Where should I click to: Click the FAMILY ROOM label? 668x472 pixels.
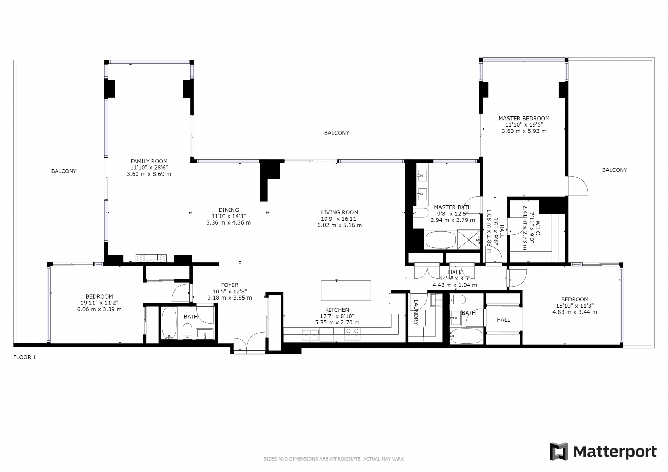(x=149, y=161)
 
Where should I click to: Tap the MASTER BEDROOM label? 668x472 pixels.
(x=524, y=118)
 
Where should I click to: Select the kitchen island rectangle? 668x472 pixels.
(x=346, y=291)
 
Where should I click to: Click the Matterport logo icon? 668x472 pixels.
(x=559, y=451)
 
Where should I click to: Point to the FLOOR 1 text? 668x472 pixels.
(x=25, y=357)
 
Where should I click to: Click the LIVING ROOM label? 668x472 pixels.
(x=340, y=212)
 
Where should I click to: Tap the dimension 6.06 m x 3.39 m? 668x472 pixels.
(x=99, y=309)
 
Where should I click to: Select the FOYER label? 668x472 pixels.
(x=230, y=285)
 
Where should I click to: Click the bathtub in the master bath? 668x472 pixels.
(x=440, y=239)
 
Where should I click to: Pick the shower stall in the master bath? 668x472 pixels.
(x=469, y=239)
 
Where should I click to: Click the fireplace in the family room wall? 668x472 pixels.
(x=151, y=258)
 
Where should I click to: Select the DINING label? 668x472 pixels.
(x=229, y=210)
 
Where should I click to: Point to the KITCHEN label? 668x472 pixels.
(x=337, y=310)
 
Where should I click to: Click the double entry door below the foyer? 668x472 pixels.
(x=249, y=343)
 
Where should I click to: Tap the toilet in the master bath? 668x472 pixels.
(x=421, y=212)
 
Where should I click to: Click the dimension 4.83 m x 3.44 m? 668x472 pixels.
(x=575, y=312)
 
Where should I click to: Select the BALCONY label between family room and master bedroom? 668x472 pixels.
(x=336, y=133)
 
